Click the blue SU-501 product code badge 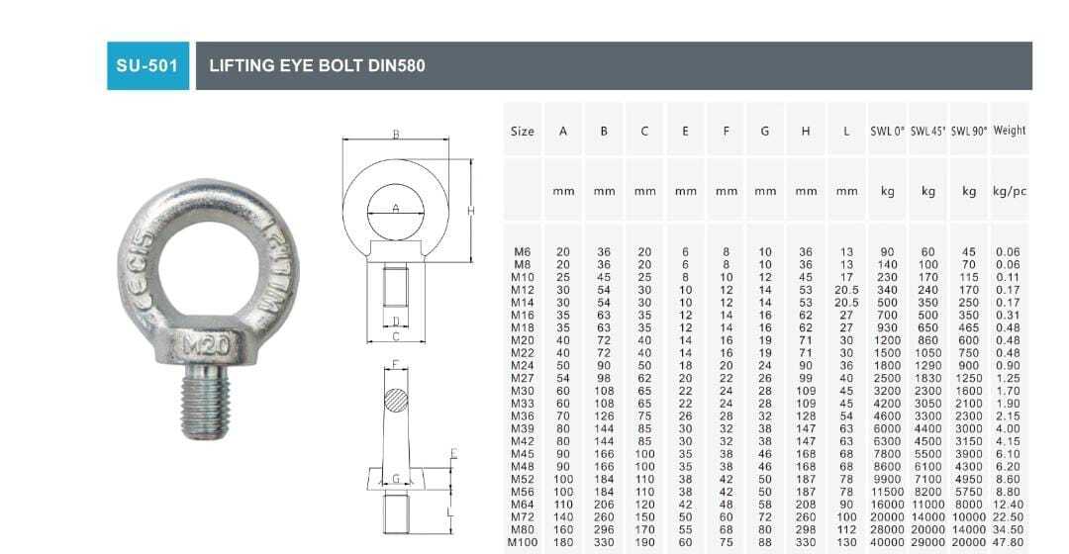(x=147, y=66)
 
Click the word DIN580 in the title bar (x=397, y=66)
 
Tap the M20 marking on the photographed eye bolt (x=207, y=345)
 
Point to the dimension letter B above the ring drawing (x=395, y=135)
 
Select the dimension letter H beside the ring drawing (x=472, y=211)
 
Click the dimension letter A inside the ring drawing (x=395, y=208)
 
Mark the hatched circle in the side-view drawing (x=396, y=401)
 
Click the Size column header (x=523, y=131)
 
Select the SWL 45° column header (x=928, y=131)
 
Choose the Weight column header (x=1010, y=131)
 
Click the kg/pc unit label (x=1010, y=191)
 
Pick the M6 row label (x=523, y=252)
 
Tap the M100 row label (x=523, y=542)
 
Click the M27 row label (x=523, y=378)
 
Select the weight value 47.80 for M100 (x=1009, y=542)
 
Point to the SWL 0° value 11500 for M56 (x=888, y=492)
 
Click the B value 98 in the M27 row (x=604, y=378)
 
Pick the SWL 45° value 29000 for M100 (x=928, y=542)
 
